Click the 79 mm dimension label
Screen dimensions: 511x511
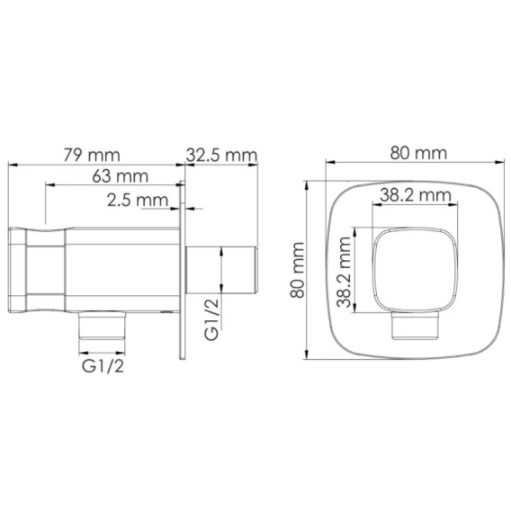pyautogui.click(x=92, y=155)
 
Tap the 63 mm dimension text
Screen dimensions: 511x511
pyautogui.click(x=121, y=176)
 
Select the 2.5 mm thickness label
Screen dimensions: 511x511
pyautogui.click(x=138, y=200)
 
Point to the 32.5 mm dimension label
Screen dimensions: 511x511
pyautogui.click(x=221, y=155)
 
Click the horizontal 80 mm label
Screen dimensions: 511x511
pyautogui.click(x=418, y=153)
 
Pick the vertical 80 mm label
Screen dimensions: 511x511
pyautogui.click(x=297, y=270)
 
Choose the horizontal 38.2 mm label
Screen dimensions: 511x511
pyautogui.click(x=416, y=195)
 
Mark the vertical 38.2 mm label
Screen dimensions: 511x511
pyautogui.click(x=344, y=273)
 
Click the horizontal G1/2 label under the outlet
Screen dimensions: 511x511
pyautogui.click(x=103, y=366)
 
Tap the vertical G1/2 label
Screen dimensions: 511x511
pyautogui.click(x=211, y=319)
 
